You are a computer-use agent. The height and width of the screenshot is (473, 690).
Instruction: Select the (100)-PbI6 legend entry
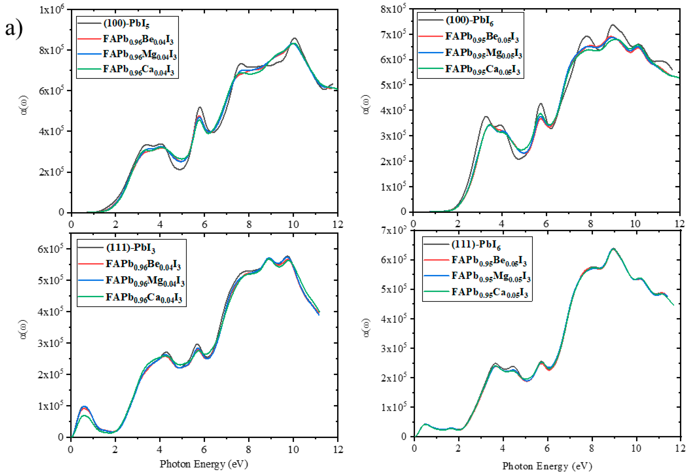point(469,20)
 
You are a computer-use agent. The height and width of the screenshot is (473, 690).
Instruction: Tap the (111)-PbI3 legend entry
point(131,248)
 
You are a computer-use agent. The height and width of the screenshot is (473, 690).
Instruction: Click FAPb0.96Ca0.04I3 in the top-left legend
point(138,70)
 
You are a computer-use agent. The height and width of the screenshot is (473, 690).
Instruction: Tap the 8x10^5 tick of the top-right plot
point(393,9)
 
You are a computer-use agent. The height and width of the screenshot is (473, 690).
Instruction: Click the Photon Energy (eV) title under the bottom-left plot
point(204,464)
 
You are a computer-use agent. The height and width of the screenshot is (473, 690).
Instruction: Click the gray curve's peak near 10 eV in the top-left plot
point(294,38)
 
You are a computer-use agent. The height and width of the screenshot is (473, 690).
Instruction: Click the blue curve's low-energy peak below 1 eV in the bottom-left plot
point(84,406)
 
